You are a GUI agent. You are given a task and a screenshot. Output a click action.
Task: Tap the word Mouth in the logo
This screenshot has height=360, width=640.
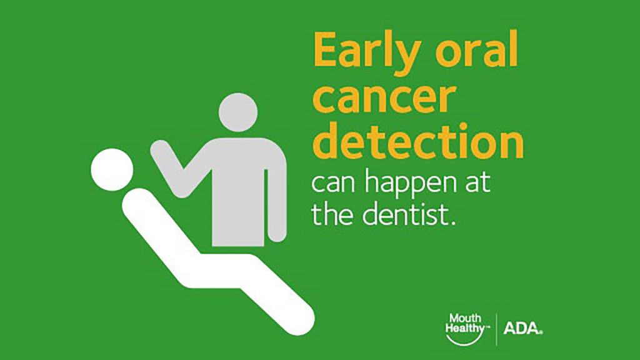click(464, 318)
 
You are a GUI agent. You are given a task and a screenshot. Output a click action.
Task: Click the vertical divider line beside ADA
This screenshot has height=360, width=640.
click(496, 328)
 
